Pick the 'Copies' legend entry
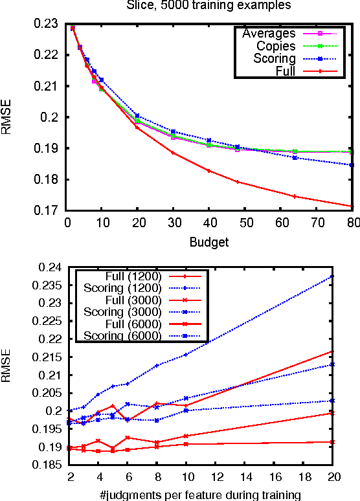point(276,45)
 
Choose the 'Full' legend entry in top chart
point(285,71)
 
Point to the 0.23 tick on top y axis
point(50,24)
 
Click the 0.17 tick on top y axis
point(50,210)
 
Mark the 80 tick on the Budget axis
point(352,222)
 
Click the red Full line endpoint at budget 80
point(352,206)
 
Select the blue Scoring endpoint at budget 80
point(352,165)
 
